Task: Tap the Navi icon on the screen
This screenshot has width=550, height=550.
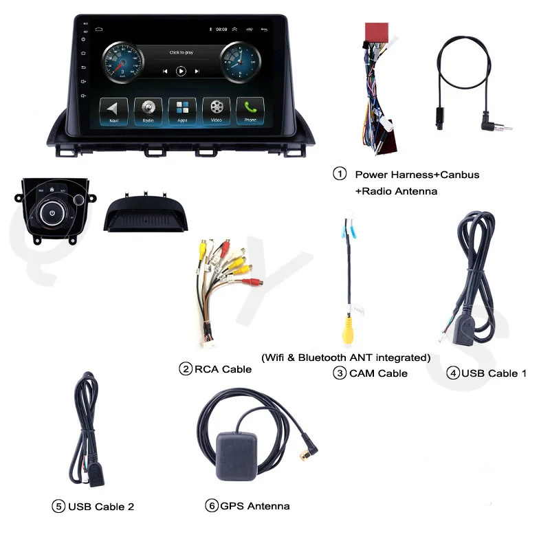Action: pyautogui.click(x=113, y=109)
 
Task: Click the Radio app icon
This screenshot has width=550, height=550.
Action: pyautogui.click(x=148, y=109)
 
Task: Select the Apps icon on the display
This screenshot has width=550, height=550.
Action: pyautogui.click(x=182, y=109)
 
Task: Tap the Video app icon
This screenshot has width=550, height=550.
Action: pyautogui.click(x=217, y=109)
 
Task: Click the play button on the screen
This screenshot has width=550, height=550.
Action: pyautogui.click(x=181, y=71)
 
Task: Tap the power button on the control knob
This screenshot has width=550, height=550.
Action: pyautogui.click(x=52, y=214)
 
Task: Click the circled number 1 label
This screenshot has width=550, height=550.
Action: pyautogui.click(x=340, y=174)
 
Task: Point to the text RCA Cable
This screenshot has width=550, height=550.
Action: pyautogui.click(x=223, y=369)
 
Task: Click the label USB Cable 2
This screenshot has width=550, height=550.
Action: pyautogui.click(x=102, y=507)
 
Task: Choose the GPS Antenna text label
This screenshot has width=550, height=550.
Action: pyautogui.click(x=255, y=506)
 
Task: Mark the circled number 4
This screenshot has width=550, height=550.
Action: pyautogui.click(x=452, y=373)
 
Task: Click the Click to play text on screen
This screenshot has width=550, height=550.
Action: pyautogui.click(x=181, y=53)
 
